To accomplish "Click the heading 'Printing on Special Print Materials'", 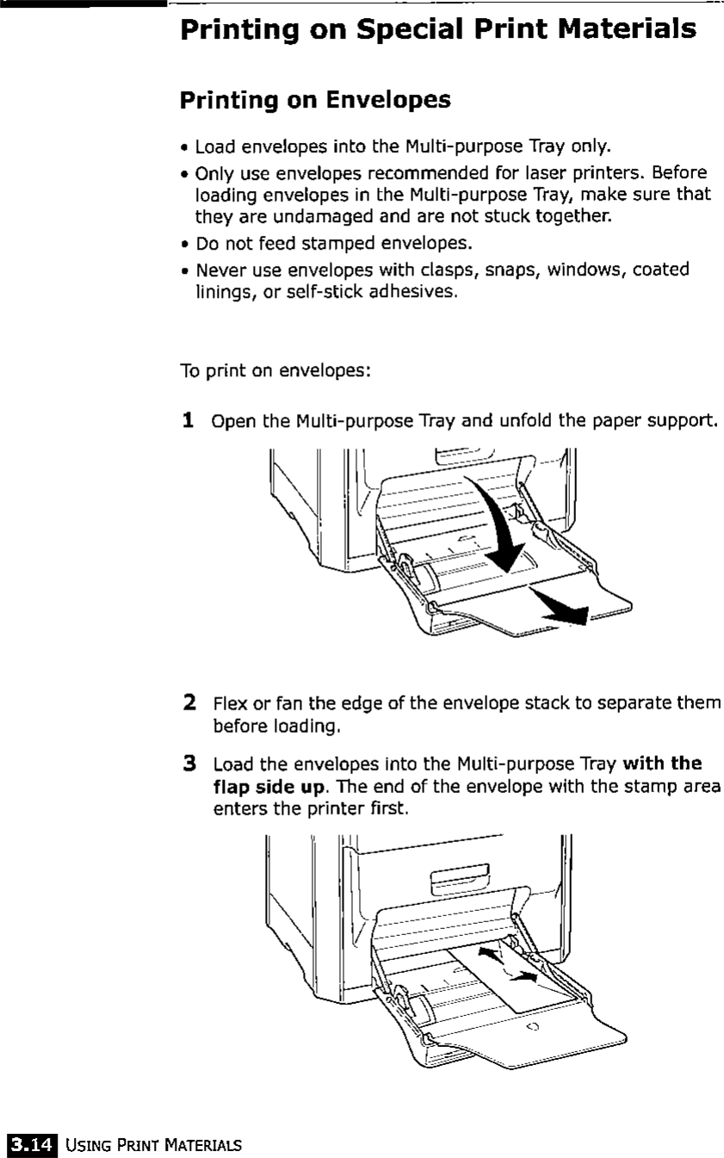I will [438, 28].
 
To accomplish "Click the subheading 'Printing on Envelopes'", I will [315, 100].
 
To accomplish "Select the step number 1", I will [187, 422].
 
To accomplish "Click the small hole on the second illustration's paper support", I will [531, 1027].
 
